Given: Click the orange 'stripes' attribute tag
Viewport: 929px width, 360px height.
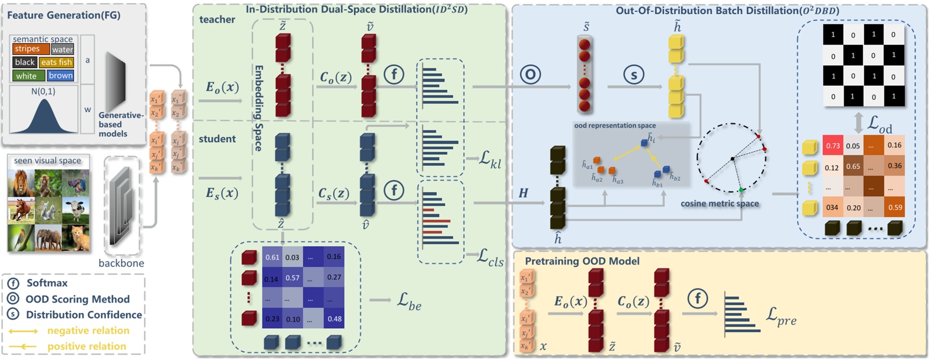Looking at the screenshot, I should click(x=27, y=49).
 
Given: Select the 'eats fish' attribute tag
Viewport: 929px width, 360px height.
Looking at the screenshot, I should click(x=57, y=62).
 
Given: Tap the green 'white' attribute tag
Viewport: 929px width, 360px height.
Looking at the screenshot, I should click(x=26, y=76).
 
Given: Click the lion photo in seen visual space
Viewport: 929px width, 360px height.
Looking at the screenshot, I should click(x=21, y=182).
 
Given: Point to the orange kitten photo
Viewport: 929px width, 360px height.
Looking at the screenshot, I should click(x=76, y=238).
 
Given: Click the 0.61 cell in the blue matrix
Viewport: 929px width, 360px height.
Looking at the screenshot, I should click(x=272, y=257).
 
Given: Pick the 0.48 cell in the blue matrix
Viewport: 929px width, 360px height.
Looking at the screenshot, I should click(x=334, y=319).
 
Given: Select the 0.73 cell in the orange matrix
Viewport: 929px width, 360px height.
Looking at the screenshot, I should click(x=832, y=146).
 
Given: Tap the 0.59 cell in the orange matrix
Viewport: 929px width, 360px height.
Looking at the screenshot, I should click(x=895, y=207).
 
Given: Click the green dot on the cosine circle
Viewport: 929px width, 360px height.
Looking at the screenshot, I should click(x=741, y=189).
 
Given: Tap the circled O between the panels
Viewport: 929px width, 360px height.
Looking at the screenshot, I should click(x=530, y=74).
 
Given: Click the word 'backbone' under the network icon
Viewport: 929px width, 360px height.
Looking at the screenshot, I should click(x=121, y=263).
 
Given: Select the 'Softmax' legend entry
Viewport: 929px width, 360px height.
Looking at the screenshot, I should click(x=47, y=283).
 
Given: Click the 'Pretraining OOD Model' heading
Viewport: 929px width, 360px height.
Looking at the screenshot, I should click(x=582, y=261).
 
